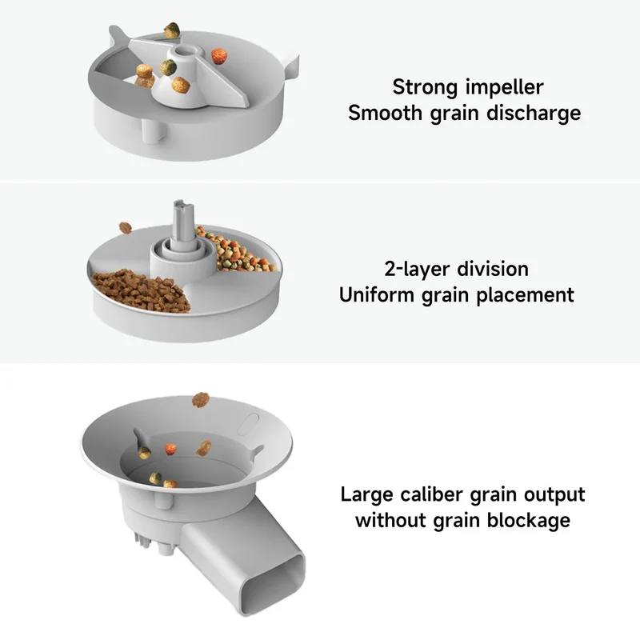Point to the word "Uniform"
(x=376, y=294)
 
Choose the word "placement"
(x=525, y=295)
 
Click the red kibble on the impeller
(x=219, y=56)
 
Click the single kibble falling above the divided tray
(x=126, y=228)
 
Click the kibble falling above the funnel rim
(x=201, y=399)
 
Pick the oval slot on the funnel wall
(x=248, y=424)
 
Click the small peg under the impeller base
(x=154, y=130)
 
